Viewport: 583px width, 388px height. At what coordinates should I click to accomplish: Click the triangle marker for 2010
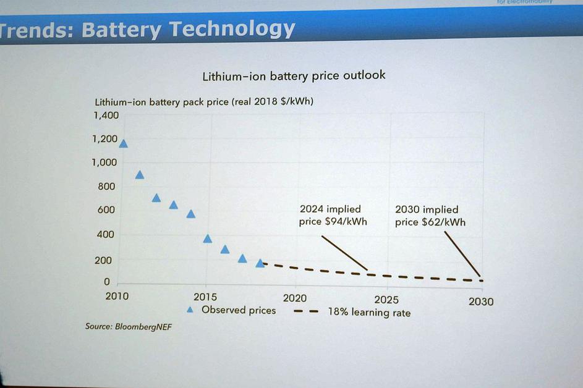123,144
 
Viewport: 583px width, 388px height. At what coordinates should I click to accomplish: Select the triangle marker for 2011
140,175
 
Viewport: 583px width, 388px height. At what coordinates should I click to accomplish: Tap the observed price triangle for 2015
208,238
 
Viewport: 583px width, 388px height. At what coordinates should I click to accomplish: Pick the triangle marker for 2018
260,263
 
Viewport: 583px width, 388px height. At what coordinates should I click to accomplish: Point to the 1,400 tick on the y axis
106,116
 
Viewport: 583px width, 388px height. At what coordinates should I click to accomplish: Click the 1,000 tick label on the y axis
104,162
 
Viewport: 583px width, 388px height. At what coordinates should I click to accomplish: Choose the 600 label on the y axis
106,210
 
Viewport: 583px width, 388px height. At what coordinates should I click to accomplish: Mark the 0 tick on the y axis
106,282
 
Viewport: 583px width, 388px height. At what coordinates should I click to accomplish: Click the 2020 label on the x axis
295,298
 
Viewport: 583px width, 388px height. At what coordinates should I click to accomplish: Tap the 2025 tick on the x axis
386,300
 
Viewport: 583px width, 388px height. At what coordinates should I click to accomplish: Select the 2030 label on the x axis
481,302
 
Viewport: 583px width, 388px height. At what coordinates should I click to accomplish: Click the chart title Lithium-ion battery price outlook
294,75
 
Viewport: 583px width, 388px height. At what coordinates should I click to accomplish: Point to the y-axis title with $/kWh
204,102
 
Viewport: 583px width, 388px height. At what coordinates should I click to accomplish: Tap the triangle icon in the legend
190,310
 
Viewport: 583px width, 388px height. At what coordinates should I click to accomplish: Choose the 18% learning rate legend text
369,313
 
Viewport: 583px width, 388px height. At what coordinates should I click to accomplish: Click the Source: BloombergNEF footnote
128,326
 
